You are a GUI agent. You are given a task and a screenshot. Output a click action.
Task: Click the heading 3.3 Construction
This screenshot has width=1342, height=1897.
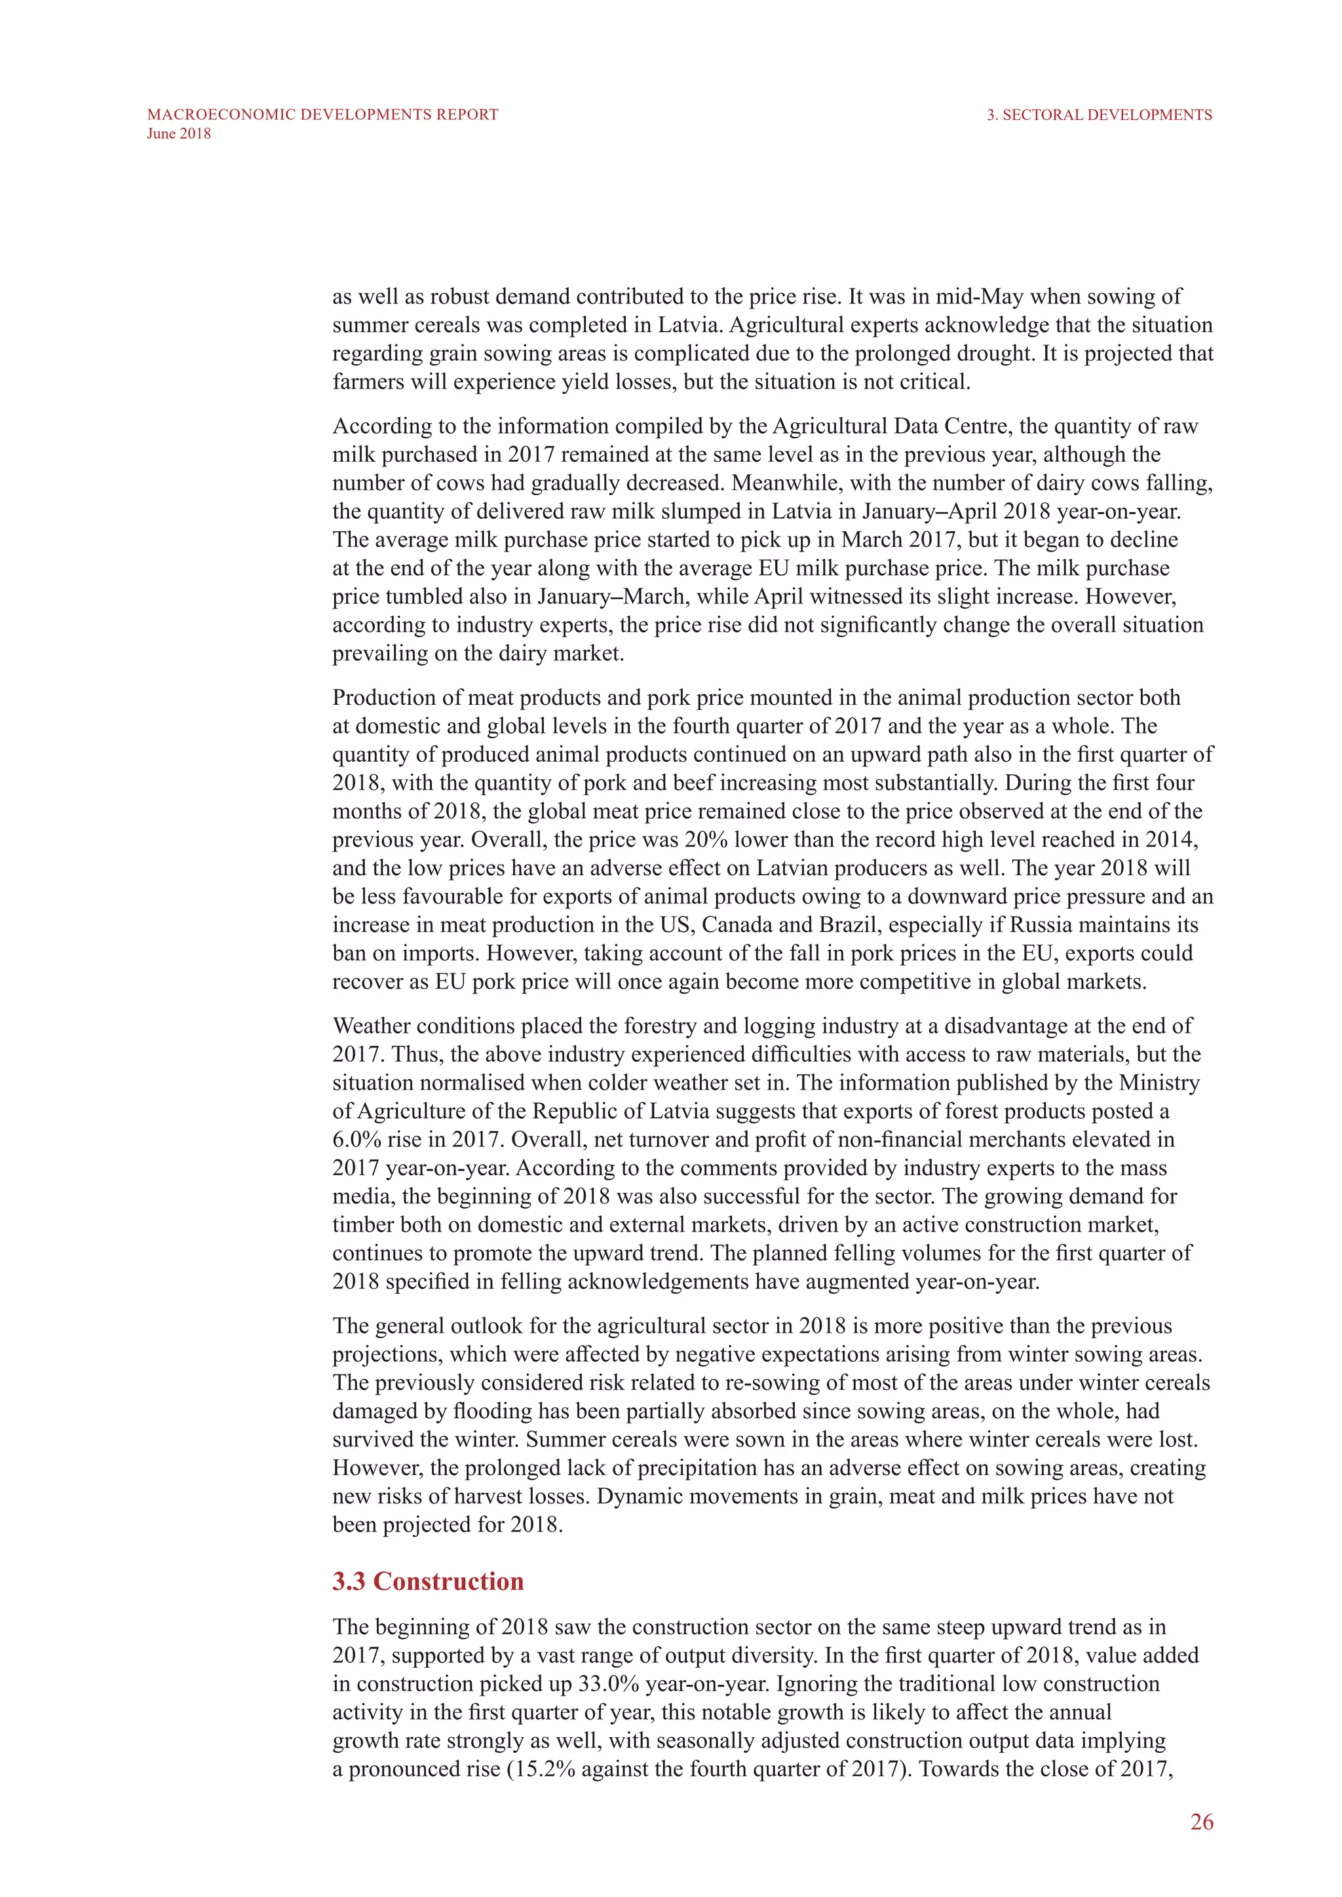[428, 1581]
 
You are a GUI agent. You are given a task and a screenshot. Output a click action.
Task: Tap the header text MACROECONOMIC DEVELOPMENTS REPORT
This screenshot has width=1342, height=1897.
[322, 115]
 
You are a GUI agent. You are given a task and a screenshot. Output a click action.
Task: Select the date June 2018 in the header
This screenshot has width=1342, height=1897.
[178, 134]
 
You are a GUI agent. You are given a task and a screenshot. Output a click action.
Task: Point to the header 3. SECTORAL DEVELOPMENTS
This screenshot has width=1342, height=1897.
[1099, 115]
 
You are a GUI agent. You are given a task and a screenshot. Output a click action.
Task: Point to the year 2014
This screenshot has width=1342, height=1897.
[1171, 840]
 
